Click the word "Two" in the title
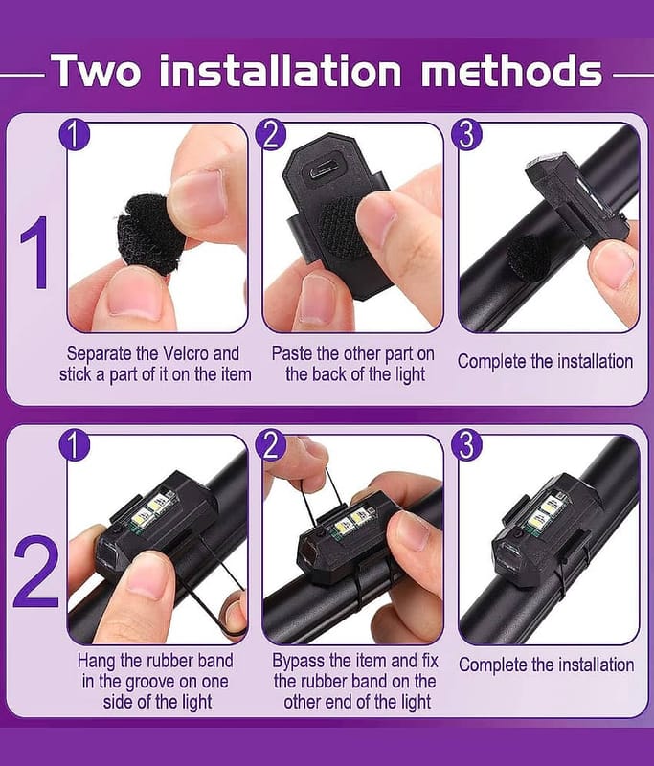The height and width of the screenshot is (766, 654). pos(96,71)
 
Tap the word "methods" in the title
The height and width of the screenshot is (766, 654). pos(511,71)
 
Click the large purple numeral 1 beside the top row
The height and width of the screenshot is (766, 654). pos(35,253)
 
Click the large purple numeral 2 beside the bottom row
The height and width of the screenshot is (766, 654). pos(35,571)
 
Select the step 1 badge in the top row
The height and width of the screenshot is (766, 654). pos(75,135)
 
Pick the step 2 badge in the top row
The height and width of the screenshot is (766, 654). pos(271,135)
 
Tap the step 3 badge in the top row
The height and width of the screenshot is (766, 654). pos(466,135)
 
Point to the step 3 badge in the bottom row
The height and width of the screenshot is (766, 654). pos(466,445)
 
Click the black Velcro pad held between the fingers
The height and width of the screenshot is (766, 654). pos(150,235)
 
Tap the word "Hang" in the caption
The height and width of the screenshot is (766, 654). pos(96,661)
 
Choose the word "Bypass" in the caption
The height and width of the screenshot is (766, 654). pos(299,661)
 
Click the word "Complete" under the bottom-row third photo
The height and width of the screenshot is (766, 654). pos(493,665)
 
